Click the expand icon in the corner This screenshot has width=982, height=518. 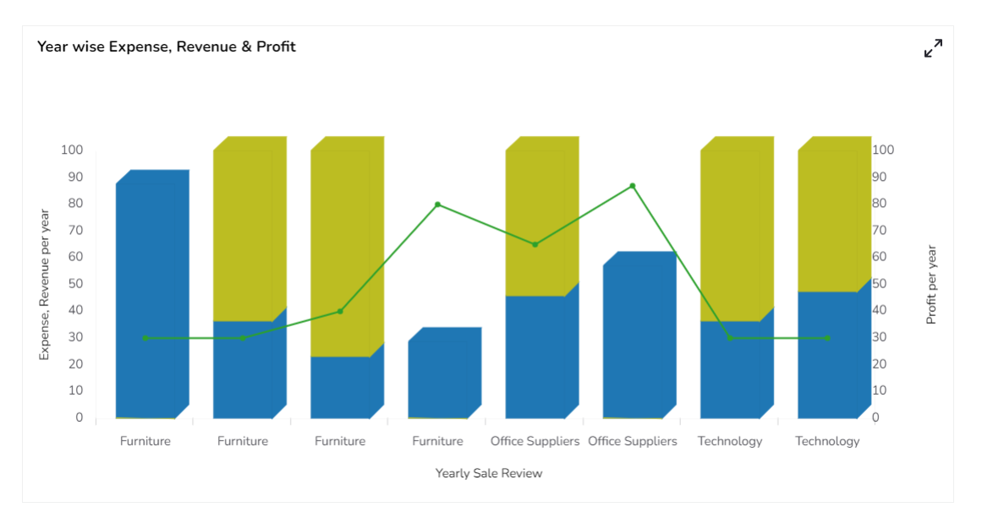click(x=933, y=48)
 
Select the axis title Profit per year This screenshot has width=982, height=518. click(x=931, y=285)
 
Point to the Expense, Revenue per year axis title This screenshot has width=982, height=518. click(x=45, y=285)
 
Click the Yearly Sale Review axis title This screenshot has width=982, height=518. click(x=489, y=473)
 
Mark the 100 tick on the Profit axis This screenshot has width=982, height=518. click(x=883, y=150)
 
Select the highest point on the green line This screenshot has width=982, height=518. click(x=632, y=186)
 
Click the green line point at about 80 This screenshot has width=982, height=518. click(x=437, y=204)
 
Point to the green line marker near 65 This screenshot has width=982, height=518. click(x=535, y=244)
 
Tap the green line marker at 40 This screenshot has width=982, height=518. click(x=340, y=311)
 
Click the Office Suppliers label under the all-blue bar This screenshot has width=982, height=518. click(x=633, y=441)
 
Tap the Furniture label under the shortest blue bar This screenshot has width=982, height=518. click(x=437, y=441)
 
